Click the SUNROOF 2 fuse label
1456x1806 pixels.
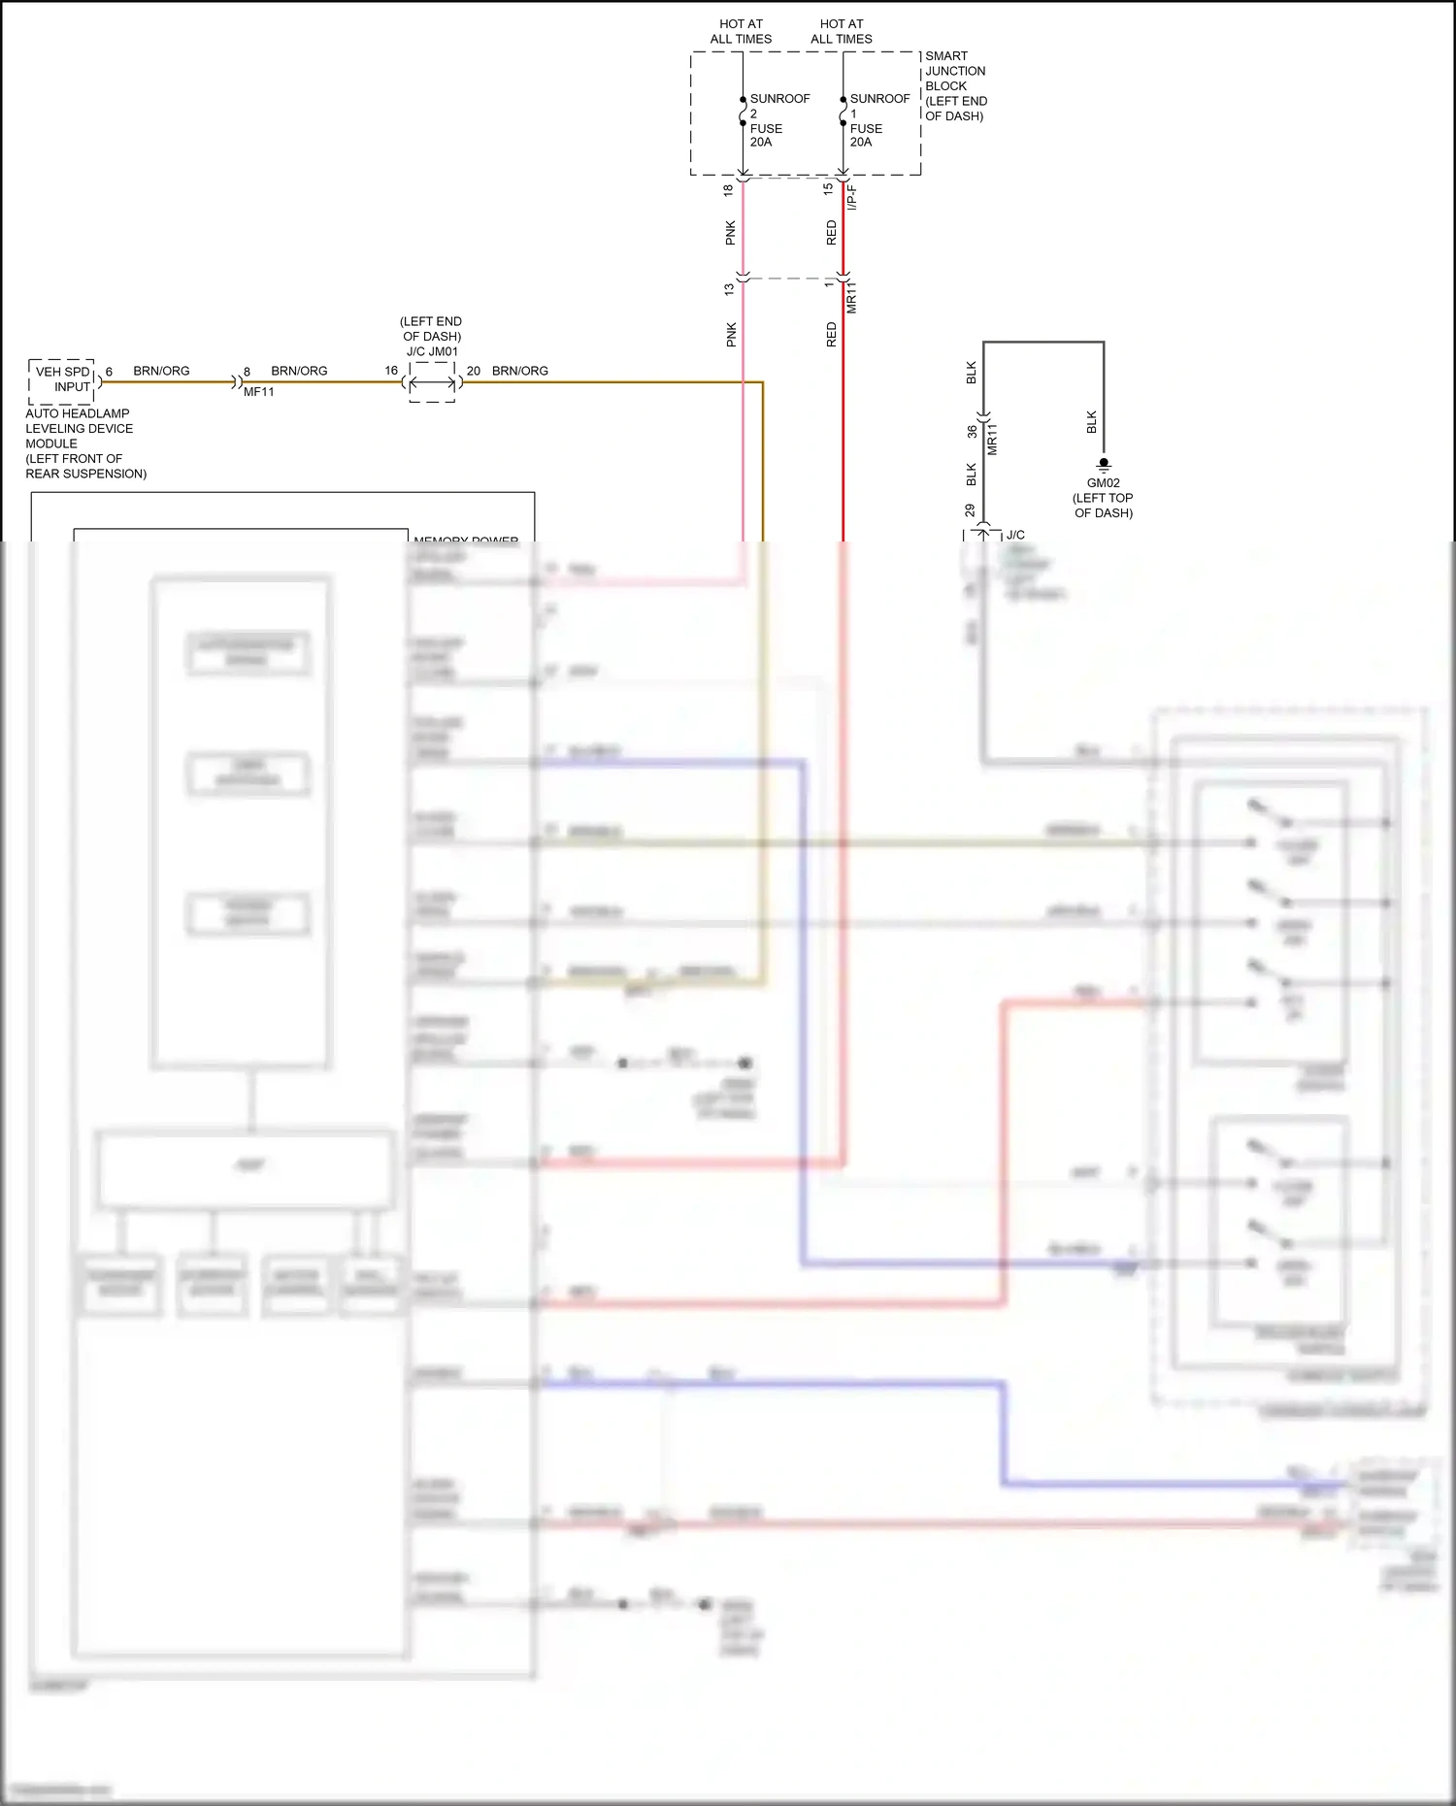click(778, 120)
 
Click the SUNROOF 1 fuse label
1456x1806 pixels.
click(878, 120)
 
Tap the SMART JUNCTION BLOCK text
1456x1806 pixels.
click(955, 85)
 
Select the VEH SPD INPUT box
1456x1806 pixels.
click(62, 379)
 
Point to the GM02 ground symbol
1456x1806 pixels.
click(1104, 465)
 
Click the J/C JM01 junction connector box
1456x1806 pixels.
click(432, 382)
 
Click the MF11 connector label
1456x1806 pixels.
click(258, 392)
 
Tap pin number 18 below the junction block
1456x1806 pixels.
click(728, 190)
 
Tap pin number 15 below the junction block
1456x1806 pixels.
click(828, 189)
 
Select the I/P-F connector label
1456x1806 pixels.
click(851, 197)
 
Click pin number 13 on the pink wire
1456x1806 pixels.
click(729, 289)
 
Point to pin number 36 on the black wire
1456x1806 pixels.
click(972, 431)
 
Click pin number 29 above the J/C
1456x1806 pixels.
click(970, 509)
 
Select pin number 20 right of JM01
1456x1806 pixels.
click(474, 371)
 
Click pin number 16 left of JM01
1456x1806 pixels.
click(391, 371)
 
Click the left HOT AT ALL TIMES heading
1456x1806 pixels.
click(741, 31)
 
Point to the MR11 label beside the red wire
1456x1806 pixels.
click(851, 297)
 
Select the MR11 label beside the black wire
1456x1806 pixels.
click(992, 439)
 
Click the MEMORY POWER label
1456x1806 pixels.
click(466, 539)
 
